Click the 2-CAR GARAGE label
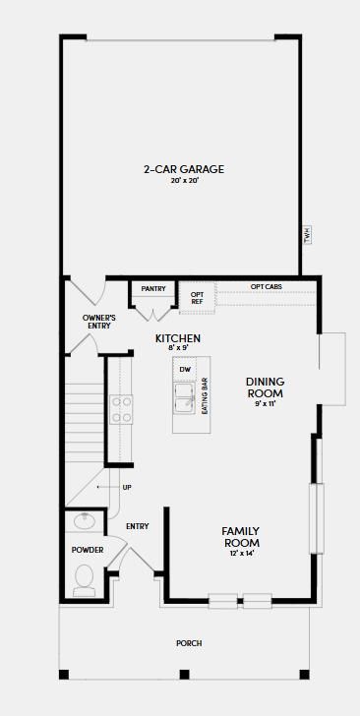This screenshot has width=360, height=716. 184,169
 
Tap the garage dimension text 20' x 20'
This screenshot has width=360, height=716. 184,180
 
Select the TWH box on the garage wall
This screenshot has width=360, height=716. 308,236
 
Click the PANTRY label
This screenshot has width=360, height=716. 153,288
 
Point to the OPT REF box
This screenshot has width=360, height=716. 197,298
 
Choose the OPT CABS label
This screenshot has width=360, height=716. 266,286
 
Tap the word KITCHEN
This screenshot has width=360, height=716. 178,338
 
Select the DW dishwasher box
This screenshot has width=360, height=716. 185,369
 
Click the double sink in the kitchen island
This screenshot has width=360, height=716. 185,398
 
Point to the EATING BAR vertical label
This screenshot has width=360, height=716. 205,396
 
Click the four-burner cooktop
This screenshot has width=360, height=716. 122,409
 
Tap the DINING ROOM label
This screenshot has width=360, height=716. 265,387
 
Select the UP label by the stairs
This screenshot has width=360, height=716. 127,487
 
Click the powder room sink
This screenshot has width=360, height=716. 85,520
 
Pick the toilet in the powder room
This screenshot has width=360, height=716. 84,580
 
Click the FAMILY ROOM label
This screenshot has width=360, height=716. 240,537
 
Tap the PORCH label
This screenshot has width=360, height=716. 189,643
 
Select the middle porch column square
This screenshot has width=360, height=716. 184,674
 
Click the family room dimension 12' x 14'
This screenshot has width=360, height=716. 240,554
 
